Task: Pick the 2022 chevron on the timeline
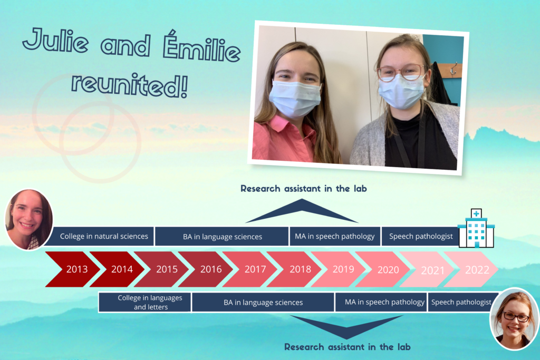(x=472, y=269)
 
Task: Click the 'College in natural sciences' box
(x=100, y=236)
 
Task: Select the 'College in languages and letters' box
(x=144, y=302)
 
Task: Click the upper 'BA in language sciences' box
(x=222, y=237)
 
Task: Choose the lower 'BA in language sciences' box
(x=263, y=302)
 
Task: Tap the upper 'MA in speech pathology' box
(x=335, y=236)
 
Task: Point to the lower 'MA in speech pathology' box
(x=381, y=302)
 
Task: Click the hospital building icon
(x=476, y=228)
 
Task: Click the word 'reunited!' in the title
(x=130, y=85)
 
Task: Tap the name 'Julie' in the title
(x=55, y=41)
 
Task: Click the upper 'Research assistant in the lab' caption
(x=303, y=189)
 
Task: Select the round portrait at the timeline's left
(x=29, y=220)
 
